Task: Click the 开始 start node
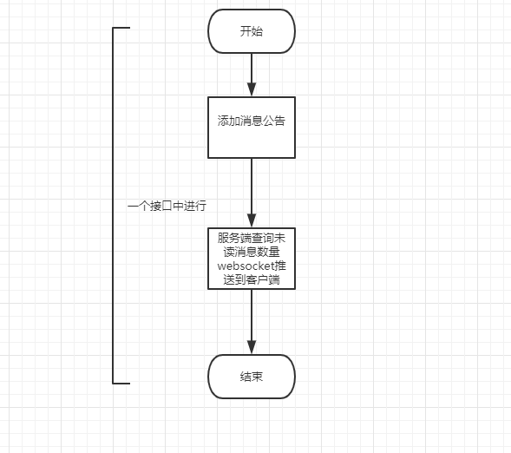(252, 32)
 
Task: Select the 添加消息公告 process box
(252, 127)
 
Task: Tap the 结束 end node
(252, 377)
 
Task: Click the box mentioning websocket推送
(252, 258)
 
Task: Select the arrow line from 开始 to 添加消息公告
(252, 69)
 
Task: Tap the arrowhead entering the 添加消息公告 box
(252, 89)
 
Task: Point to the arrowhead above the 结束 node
(252, 348)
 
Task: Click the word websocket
(245, 266)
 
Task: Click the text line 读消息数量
(252, 252)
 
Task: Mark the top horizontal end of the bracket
(121, 28)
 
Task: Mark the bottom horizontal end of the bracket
(121, 382)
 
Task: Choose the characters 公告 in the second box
(274, 121)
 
